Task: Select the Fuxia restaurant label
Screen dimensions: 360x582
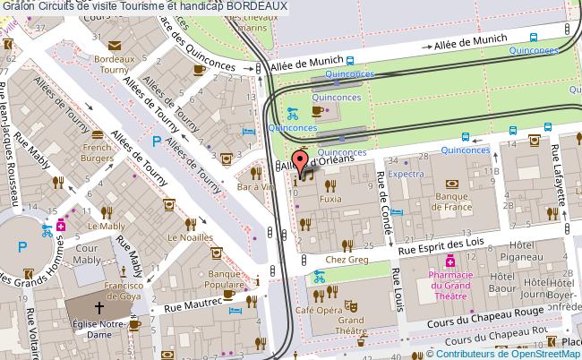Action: (331, 196)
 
